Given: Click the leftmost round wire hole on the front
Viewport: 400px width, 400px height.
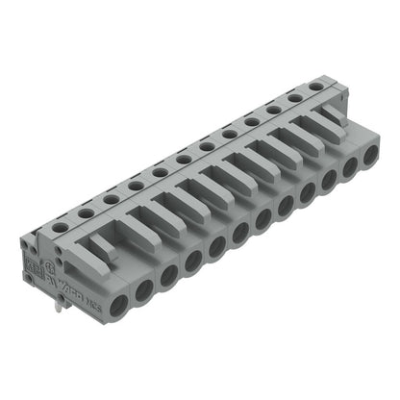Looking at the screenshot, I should [x=119, y=306].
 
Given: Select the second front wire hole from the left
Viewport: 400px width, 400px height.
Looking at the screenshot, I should [x=143, y=290].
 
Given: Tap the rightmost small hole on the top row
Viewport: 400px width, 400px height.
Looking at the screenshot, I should [x=318, y=87].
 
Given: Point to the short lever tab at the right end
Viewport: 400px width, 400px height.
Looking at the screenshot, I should [x=332, y=112].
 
